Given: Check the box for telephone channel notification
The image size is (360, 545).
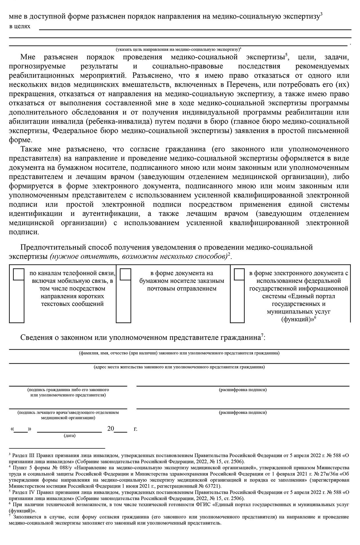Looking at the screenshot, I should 19,274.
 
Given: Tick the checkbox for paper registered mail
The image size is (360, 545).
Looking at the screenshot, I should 125,274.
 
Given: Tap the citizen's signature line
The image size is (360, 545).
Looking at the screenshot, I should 68,385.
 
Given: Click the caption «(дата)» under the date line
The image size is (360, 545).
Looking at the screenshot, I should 70,436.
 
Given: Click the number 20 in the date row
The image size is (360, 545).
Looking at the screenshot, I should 111,429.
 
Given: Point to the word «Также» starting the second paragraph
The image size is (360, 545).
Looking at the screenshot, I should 31,149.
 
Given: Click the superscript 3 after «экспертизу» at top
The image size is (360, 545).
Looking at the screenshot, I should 321,14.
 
